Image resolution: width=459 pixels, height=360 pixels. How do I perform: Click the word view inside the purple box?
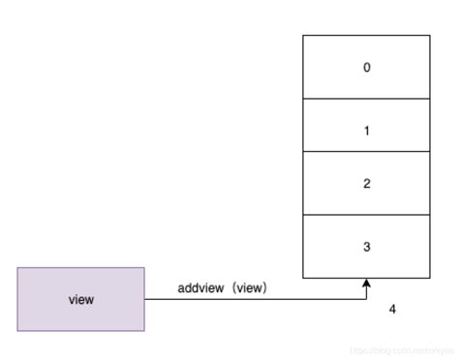(x=81, y=300)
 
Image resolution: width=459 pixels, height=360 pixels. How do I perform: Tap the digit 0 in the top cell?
(x=366, y=68)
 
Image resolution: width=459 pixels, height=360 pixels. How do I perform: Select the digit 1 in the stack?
(x=366, y=131)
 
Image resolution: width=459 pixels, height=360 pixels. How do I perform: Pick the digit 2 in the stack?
(x=366, y=184)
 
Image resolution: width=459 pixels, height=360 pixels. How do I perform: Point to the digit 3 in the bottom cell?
(x=366, y=247)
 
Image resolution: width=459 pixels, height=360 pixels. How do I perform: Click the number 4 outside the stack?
(x=392, y=310)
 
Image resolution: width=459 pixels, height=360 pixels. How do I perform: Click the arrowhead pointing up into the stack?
(x=367, y=284)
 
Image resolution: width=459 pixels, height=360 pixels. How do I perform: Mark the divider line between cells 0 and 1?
(x=366, y=99)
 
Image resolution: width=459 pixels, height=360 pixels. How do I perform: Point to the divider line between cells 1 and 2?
(x=366, y=152)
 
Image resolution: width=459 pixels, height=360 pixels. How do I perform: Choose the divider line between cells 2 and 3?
(x=366, y=215)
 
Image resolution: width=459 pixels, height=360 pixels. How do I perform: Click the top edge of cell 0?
(x=366, y=36)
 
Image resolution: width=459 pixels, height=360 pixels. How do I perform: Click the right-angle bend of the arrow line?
(x=367, y=299)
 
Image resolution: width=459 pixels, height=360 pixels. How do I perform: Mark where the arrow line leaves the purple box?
(x=145, y=299)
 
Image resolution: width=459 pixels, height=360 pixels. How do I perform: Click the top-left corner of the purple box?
(x=17, y=268)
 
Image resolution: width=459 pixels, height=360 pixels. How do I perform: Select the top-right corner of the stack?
(x=430, y=36)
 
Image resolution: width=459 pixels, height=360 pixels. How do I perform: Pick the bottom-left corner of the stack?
(x=303, y=278)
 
